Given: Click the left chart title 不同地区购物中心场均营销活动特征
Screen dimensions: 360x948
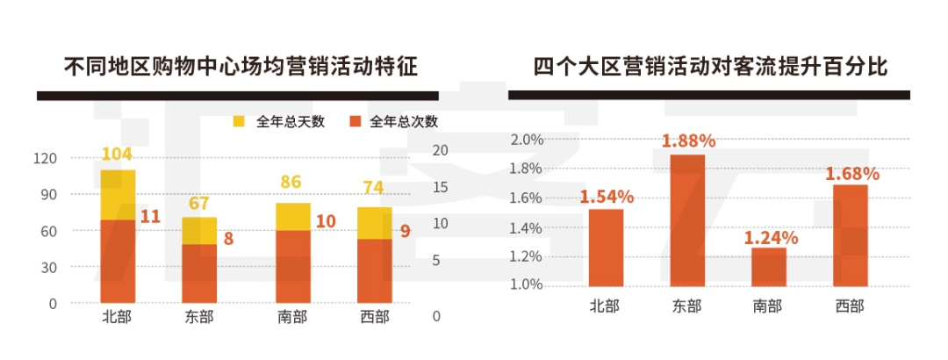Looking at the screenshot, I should [241, 67].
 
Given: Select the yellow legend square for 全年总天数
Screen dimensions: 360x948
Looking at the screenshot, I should [239, 121].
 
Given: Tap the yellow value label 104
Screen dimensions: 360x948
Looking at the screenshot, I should [117, 155].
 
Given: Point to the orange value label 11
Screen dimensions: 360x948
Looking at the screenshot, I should [150, 216].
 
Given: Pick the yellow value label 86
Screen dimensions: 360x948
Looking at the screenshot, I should [291, 183].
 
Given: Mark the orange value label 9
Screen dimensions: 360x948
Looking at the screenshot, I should [406, 233].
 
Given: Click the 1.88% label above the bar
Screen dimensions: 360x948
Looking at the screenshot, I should [688, 140].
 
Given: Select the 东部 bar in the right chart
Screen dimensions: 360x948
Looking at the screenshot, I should [688, 220].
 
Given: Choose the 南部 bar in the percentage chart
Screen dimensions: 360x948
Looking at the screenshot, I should [769, 267].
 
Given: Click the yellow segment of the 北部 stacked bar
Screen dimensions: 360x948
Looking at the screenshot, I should [118, 194].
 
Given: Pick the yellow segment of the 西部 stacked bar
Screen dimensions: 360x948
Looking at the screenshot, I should [374, 223].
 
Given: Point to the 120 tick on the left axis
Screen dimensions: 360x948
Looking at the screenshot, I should [46, 158].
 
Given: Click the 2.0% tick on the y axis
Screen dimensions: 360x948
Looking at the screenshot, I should [528, 140].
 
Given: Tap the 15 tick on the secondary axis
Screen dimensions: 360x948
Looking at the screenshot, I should [440, 187].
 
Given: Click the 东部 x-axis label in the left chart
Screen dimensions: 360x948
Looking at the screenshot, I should [199, 317].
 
